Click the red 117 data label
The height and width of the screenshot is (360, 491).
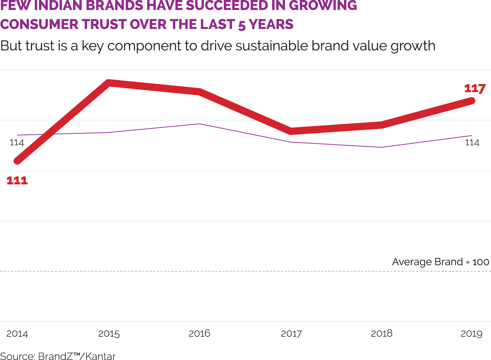[475, 89]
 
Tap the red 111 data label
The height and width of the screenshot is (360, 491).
[17, 181]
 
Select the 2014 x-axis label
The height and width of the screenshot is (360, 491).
[17, 334]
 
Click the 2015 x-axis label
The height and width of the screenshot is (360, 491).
[109, 334]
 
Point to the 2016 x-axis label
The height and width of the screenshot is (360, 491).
[199, 333]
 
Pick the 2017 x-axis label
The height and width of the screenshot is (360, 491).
[291, 334]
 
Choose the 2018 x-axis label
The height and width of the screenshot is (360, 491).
[381, 333]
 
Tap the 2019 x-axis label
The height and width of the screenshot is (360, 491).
[471, 334]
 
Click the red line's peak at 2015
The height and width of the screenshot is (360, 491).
[109, 83]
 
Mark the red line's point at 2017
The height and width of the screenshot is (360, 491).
[291, 131]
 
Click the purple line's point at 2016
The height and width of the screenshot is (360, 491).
[199, 124]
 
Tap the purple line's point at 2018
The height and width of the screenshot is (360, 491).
[382, 147]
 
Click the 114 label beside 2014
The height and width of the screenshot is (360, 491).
[17, 143]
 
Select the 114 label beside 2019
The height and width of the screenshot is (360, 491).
[472, 143]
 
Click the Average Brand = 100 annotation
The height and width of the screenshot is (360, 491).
[440, 262]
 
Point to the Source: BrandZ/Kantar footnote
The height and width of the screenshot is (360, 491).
[58, 356]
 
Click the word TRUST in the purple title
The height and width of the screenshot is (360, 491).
[104, 25]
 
